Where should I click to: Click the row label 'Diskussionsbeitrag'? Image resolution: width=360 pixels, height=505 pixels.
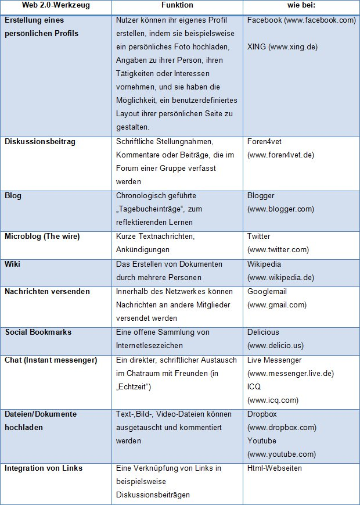40,141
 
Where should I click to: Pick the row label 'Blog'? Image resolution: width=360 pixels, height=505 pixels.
13,196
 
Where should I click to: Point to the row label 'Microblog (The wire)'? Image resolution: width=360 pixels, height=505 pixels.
42,237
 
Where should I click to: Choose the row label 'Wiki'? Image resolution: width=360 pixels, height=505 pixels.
13,264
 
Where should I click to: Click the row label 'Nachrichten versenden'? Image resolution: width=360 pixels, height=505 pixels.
47,291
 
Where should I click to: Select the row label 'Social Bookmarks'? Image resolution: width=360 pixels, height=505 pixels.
38,332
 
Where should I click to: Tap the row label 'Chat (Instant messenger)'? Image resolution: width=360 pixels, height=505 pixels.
51,360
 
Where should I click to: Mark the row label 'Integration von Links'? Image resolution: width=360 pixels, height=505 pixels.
44,468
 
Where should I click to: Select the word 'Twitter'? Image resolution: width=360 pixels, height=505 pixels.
259,237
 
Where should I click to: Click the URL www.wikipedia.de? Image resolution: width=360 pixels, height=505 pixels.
281,277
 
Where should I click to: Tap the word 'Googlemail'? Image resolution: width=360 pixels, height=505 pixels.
267,291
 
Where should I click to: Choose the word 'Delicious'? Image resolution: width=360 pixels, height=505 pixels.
263,332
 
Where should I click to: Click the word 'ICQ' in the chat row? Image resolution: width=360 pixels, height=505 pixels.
254,387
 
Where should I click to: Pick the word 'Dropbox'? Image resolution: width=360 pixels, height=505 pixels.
262,414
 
